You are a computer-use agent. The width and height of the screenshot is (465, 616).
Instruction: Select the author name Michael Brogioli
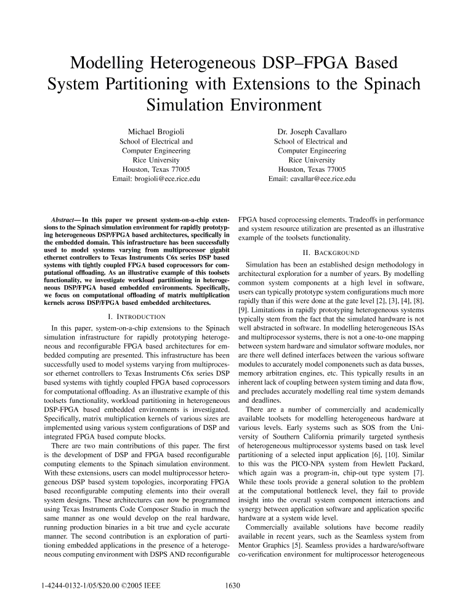156,131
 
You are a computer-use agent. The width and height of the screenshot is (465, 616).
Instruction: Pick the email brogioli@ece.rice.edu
156,179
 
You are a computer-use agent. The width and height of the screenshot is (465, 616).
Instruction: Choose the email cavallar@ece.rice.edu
312,179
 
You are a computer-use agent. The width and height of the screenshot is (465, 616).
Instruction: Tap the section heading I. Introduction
134,316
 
